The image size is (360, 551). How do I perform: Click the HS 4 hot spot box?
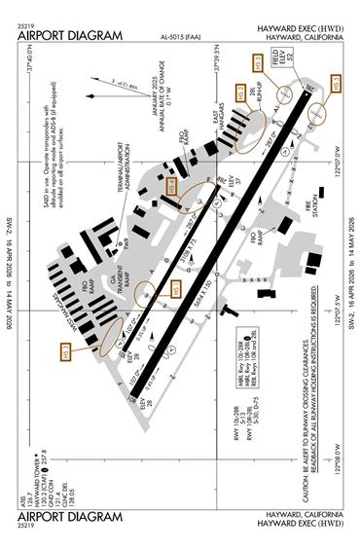point(171,185)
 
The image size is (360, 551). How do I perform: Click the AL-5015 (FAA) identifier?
point(182,36)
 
